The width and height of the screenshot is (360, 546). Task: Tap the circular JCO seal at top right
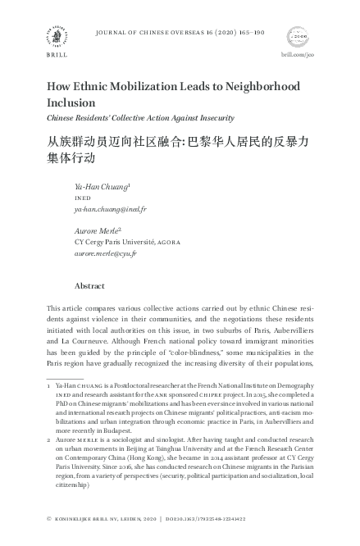[298, 35]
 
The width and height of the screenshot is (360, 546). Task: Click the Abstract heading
[90, 287]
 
